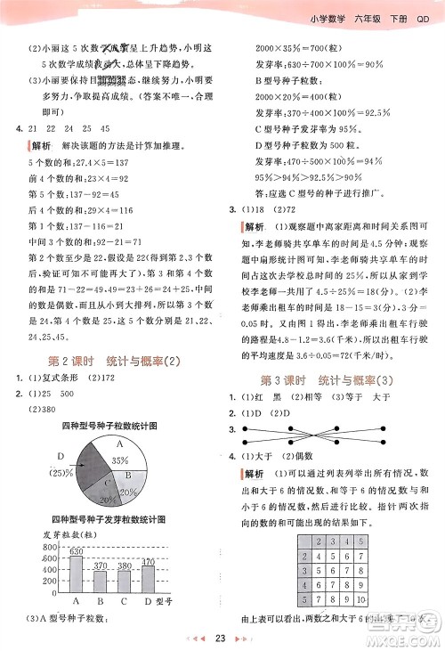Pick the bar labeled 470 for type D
(149, 580)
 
